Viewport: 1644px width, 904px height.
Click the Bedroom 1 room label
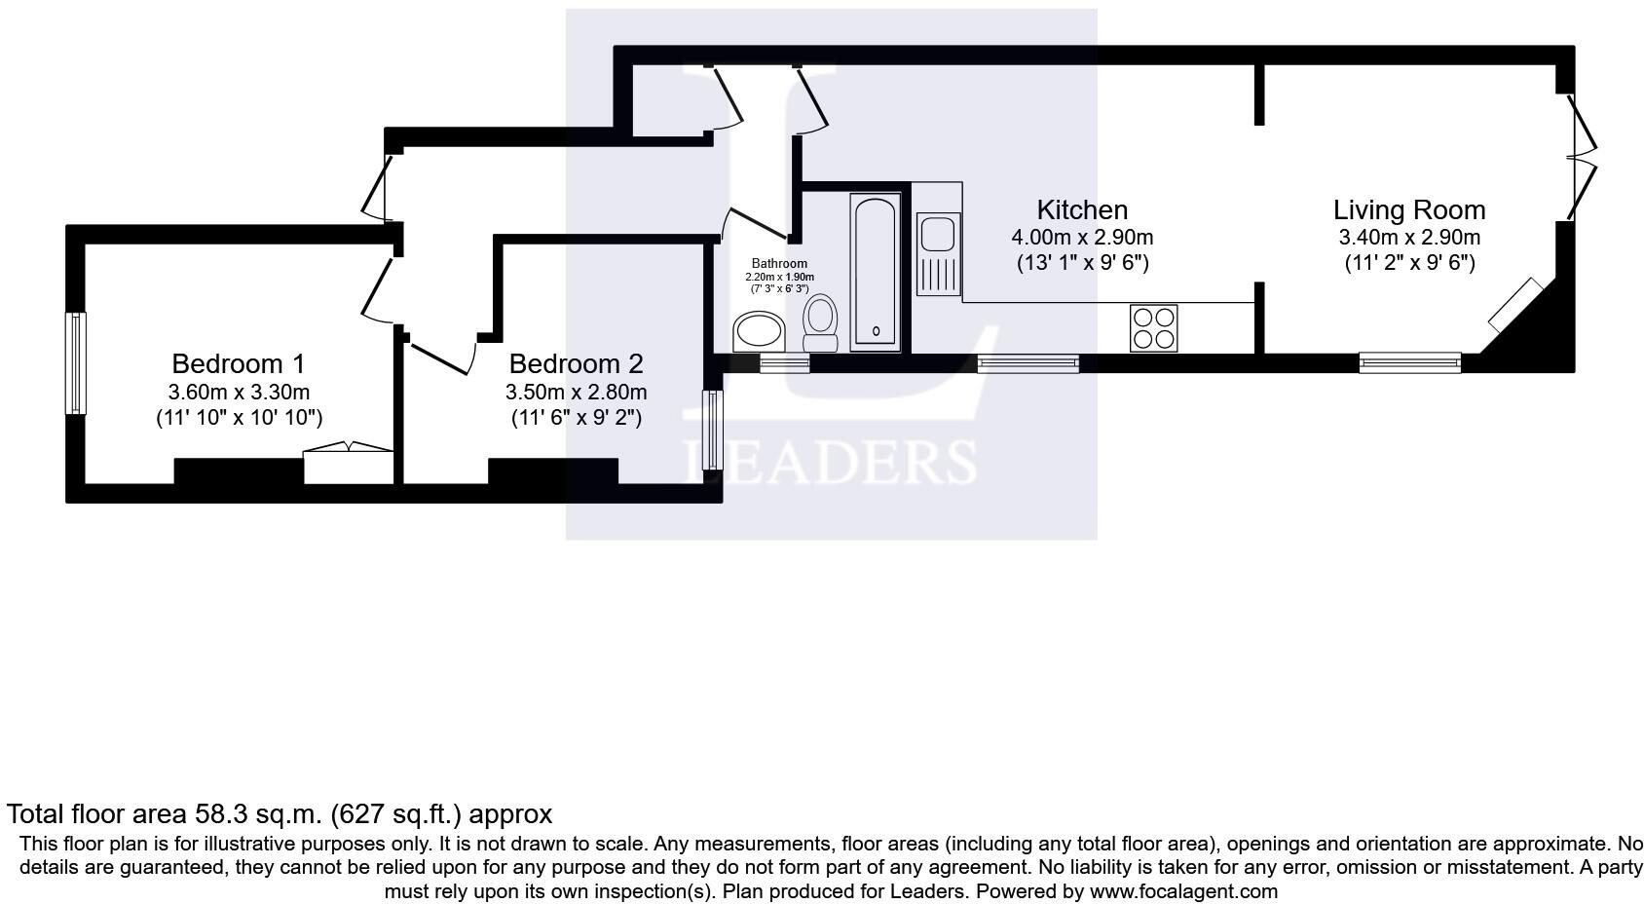coord(238,364)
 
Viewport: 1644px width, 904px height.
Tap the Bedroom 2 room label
coord(576,364)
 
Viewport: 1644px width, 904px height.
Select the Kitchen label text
coord(1082,210)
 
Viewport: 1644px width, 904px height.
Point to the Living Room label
coord(1408,210)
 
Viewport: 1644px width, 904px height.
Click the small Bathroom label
coord(779,264)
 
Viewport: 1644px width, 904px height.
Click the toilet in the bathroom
coord(821,321)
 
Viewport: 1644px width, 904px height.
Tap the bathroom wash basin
coord(759,331)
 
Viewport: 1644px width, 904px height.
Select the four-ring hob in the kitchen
coord(1153,328)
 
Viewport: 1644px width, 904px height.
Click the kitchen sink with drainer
coord(939,253)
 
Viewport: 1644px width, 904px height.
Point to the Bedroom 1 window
coord(75,362)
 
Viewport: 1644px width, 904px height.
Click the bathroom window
coord(784,363)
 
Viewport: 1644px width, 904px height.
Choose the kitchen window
coord(1027,363)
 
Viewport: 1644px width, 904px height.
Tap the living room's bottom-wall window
coord(1409,363)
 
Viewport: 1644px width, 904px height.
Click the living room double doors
coord(1580,156)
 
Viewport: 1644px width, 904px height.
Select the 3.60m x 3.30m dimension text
coord(239,393)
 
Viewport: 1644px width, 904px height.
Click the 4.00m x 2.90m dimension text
coord(1082,238)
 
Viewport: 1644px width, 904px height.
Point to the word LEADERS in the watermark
coord(829,462)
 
